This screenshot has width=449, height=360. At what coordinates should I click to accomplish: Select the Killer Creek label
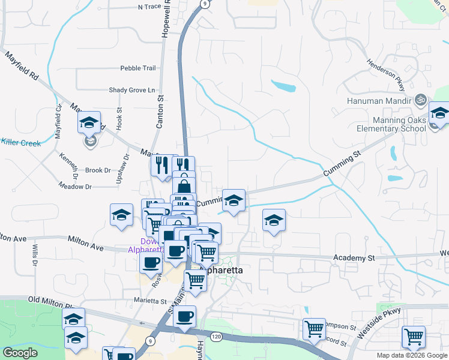(20, 143)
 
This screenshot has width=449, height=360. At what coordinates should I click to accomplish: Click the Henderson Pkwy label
(382, 71)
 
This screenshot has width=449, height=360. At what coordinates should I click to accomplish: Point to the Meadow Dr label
(76, 187)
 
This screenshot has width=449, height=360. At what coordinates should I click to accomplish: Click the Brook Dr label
(98, 170)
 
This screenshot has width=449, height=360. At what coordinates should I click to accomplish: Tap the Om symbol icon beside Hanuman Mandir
(421, 100)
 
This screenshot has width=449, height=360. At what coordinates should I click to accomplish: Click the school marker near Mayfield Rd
(89, 123)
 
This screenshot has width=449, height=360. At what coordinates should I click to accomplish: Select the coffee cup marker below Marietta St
(184, 316)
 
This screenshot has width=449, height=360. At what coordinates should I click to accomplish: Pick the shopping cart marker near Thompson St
(314, 329)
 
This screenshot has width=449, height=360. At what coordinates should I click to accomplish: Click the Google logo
(20, 353)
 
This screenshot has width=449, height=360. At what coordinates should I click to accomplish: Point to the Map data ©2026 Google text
(411, 355)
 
